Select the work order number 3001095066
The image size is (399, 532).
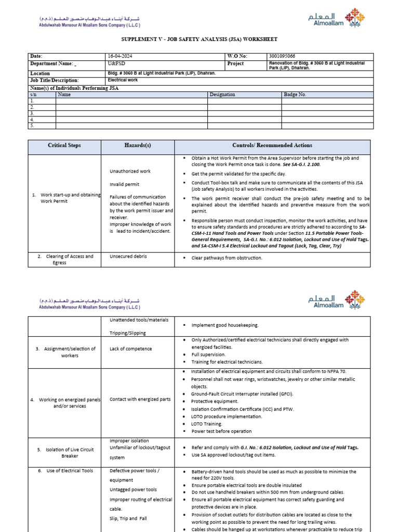[x=284, y=56]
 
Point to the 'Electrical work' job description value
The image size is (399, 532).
[x=123, y=81]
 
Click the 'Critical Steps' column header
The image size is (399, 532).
[x=64, y=145]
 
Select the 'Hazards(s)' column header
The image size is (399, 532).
[x=138, y=145]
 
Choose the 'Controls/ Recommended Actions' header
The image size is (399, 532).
[x=272, y=145]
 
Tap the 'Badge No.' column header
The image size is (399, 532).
[x=295, y=95]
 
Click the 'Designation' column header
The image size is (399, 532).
[x=222, y=95]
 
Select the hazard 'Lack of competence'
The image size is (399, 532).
[x=130, y=349]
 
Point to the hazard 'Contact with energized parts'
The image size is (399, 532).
[x=140, y=399]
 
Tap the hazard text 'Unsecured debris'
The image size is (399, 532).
[x=127, y=257]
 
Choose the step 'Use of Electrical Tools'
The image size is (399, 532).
[x=65, y=471]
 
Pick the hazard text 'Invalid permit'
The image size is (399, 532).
[x=124, y=184]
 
